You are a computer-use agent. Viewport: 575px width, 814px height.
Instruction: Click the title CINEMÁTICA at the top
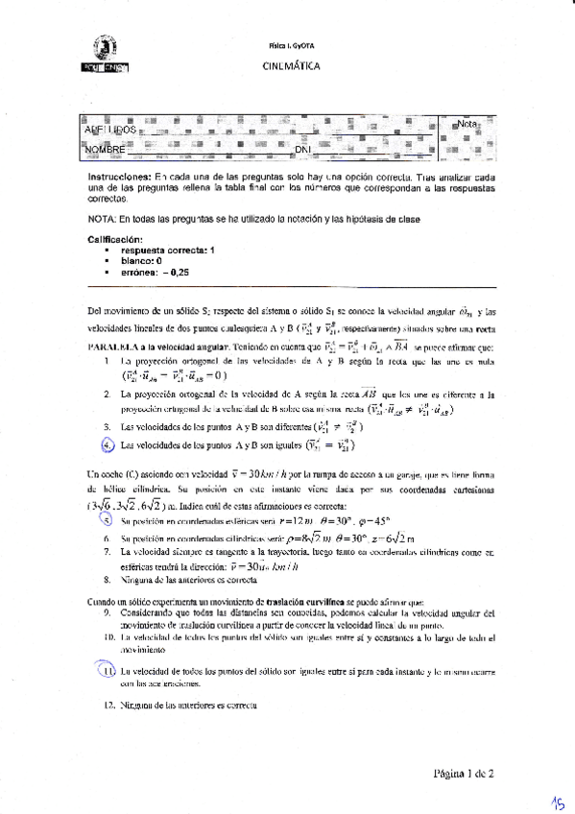coord(291,66)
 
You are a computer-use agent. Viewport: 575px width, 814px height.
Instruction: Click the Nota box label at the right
coord(467,125)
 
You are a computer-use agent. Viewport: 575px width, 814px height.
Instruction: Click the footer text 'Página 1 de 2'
coord(464,771)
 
